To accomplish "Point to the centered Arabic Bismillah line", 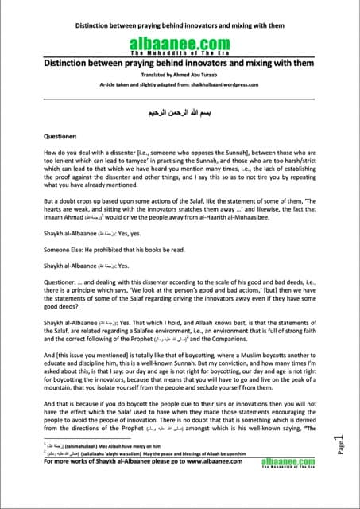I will point(180,113).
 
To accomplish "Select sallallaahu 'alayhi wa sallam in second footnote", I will point(126,472).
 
